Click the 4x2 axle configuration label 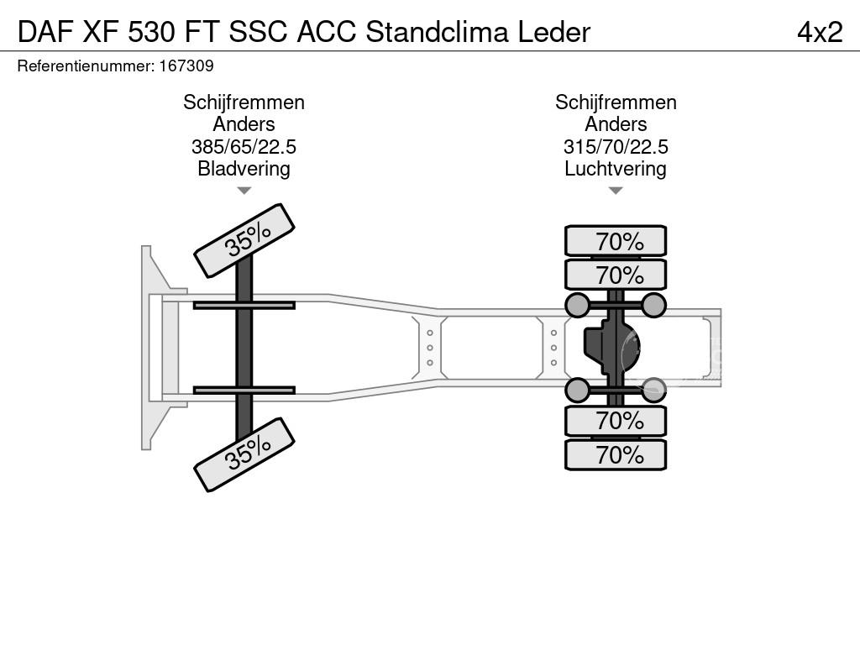[x=819, y=32]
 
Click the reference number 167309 [x=185, y=66]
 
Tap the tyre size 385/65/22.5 [x=244, y=147]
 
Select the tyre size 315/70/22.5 [x=616, y=147]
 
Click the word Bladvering [x=244, y=169]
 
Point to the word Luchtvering [x=616, y=169]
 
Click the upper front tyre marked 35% [x=244, y=241]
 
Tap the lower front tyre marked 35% [x=244, y=454]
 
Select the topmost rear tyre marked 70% [x=616, y=241]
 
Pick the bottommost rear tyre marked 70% [x=616, y=455]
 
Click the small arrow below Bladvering [x=244, y=191]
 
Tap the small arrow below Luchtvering [x=616, y=191]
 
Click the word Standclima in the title [x=437, y=32]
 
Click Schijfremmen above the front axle [x=244, y=102]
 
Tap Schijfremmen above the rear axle [x=616, y=102]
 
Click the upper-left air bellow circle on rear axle [x=578, y=305]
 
